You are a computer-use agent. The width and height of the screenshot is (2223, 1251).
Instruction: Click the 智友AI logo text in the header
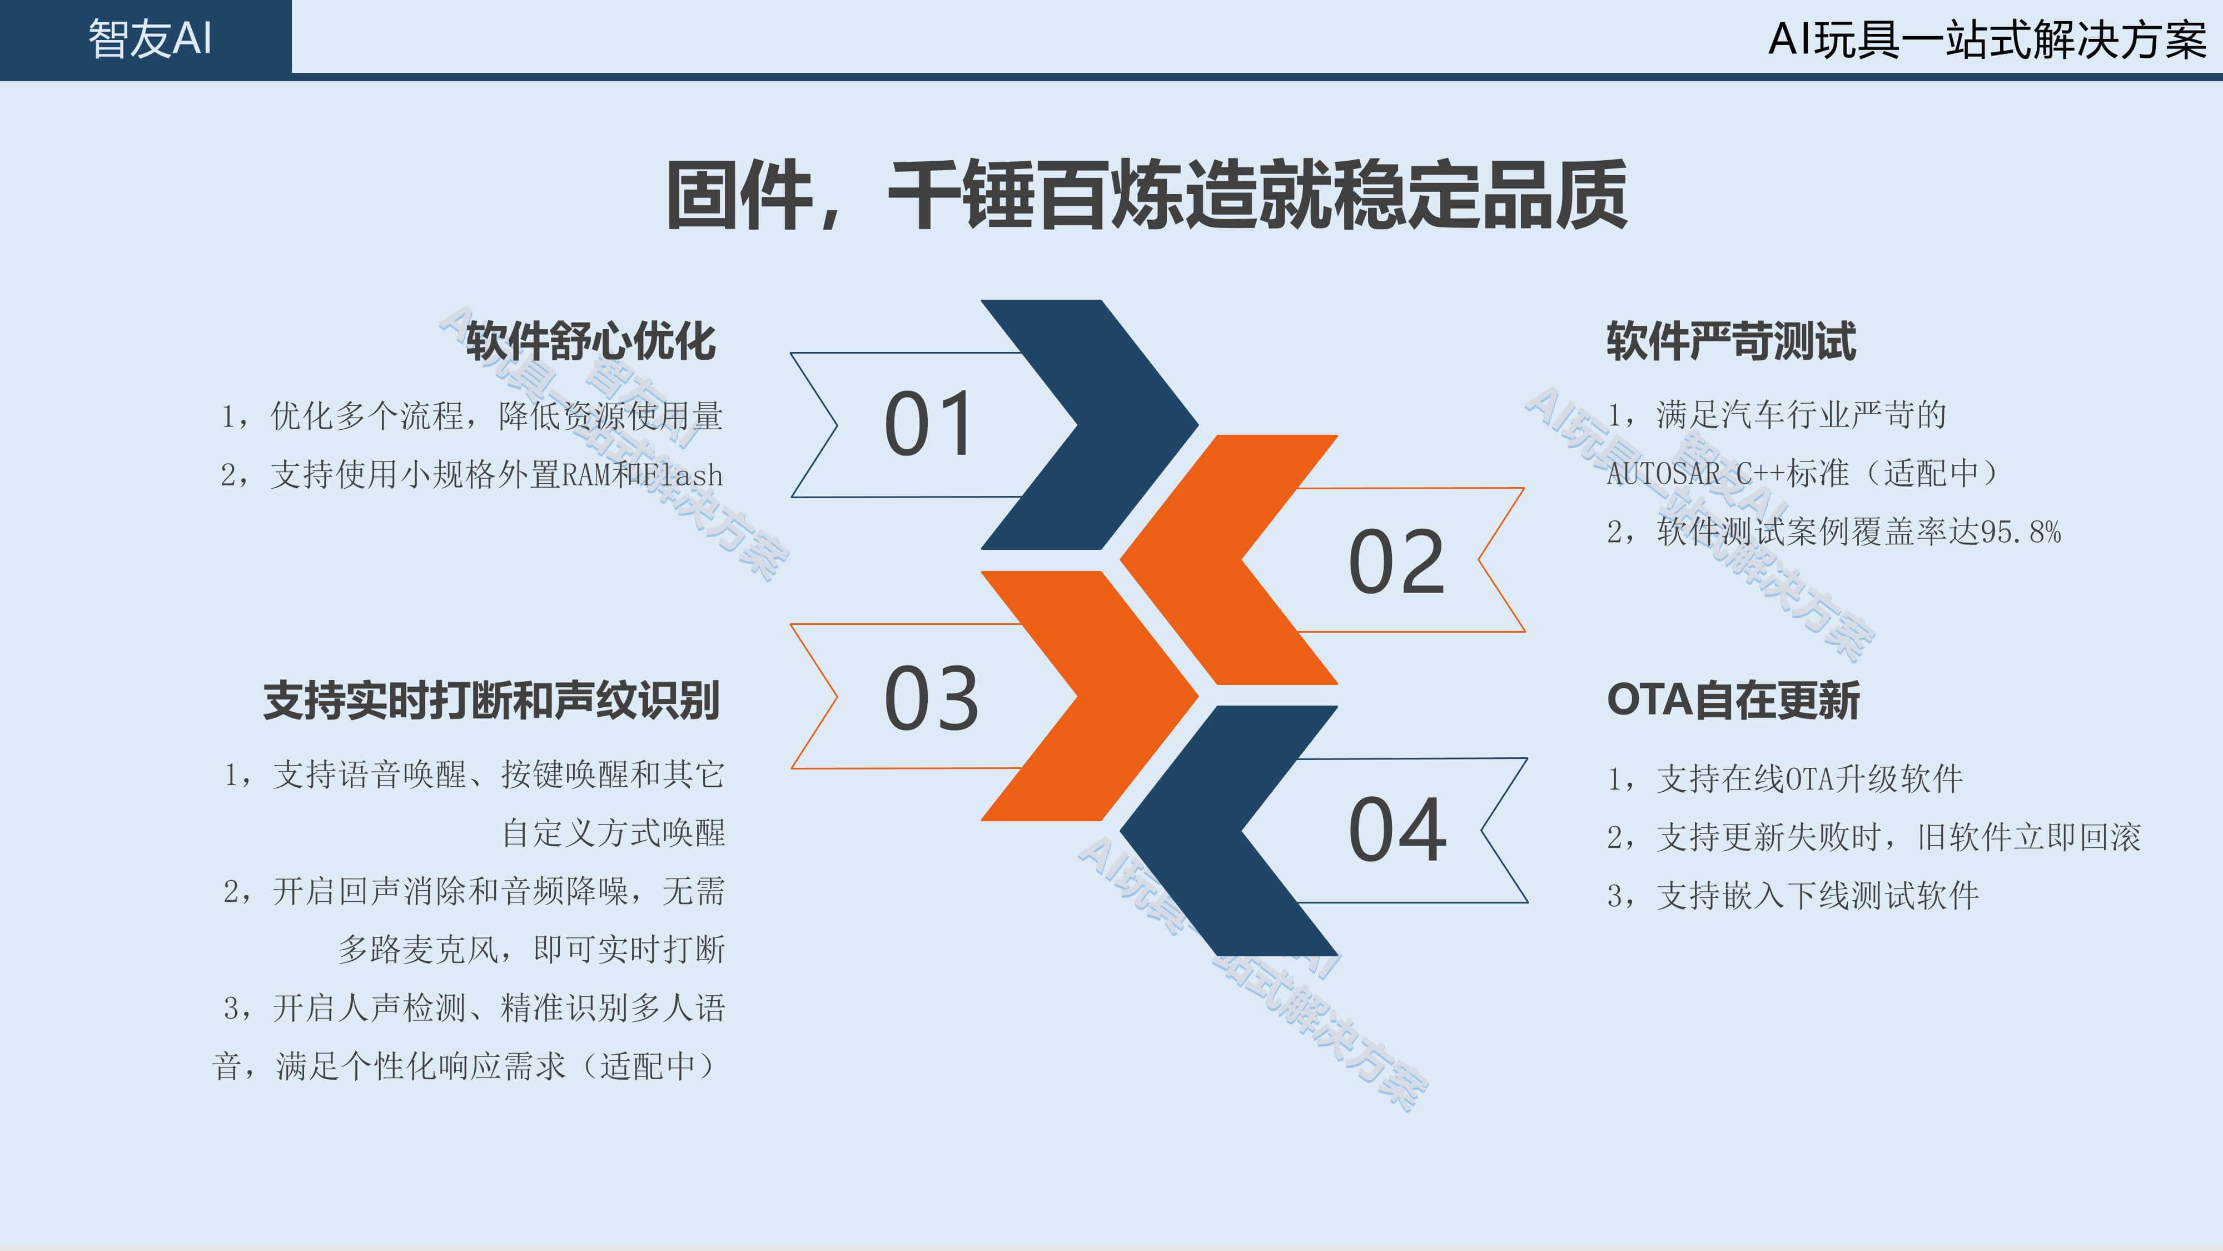tap(150, 39)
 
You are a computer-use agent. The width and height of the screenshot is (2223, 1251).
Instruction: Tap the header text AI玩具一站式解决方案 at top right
tap(1987, 39)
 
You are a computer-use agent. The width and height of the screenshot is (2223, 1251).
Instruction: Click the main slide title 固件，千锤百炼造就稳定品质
tap(1147, 195)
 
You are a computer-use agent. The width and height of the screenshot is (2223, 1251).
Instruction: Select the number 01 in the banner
tap(928, 423)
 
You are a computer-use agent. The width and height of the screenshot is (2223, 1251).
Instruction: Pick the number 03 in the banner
tap(931, 698)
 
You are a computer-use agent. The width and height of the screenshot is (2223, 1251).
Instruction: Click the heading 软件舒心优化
tap(590, 341)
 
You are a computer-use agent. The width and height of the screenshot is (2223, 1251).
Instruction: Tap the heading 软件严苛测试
tap(1731, 341)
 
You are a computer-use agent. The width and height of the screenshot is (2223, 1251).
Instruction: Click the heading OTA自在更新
tap(1733, 700)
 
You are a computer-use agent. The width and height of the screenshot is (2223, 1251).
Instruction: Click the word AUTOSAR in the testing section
tap(1663, 474)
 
